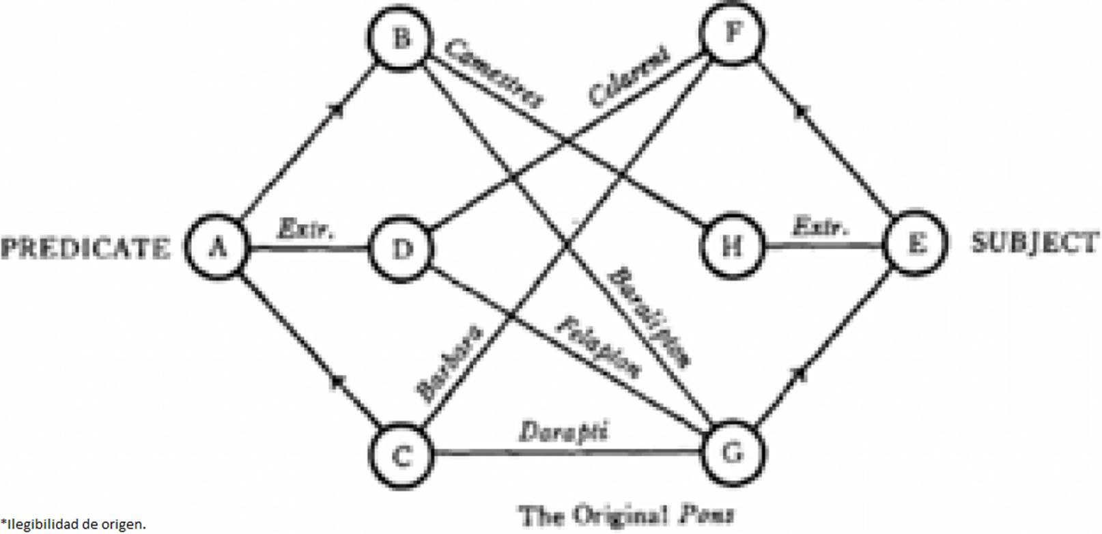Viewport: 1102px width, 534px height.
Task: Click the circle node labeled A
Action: [218, 247]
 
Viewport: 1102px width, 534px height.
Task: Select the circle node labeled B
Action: [401, 38]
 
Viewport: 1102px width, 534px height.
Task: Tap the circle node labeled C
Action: [401, 455]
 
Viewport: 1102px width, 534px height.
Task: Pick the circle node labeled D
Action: [401, 249]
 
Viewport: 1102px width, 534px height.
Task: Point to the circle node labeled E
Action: [915, 243]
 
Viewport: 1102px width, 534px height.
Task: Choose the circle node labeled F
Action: [732, 33]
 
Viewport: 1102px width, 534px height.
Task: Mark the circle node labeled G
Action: [732, 452]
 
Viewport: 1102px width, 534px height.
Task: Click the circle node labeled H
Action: [732, 244]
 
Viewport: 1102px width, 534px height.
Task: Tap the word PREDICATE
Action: [85, 247]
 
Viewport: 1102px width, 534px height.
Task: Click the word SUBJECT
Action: [1035, 243]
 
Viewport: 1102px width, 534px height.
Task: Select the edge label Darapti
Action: [564, 432]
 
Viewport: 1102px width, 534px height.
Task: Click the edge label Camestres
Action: [494, 74]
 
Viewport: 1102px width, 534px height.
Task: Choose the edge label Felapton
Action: [599, 347]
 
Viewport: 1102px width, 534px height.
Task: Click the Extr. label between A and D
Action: [306, 228]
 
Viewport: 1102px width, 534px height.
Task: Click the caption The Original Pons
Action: [627, 514]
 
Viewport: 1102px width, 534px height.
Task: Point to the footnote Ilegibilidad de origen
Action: [74, 524]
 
